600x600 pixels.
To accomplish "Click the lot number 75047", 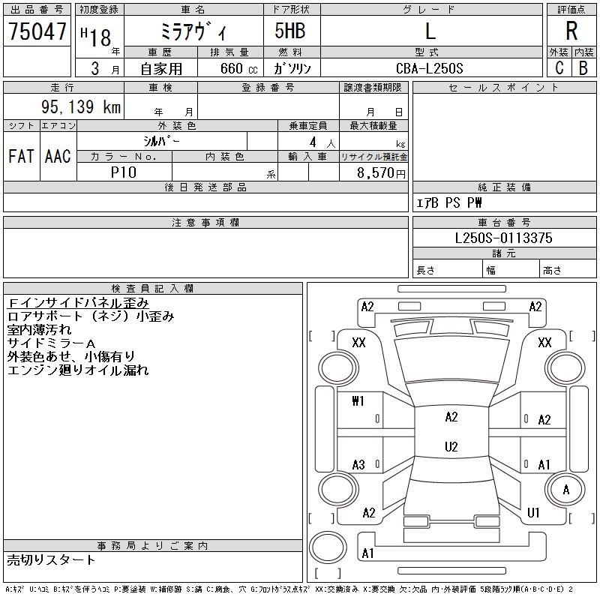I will (x=37, y=31).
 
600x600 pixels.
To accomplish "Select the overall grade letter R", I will (x=571, y=31).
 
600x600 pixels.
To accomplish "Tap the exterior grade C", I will (x=559, y=67).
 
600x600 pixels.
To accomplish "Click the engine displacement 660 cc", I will (x=229, y=68).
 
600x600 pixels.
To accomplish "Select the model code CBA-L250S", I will (x=430, y=68).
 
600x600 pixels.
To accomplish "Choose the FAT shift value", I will (x=21, y=157).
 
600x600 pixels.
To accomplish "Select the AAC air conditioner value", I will (x=58, y=157).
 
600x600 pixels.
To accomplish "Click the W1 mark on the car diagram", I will (x=358, y=401).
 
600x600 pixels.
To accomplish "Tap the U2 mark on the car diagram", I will (x=451, y=447).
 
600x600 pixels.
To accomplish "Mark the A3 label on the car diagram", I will (x=358, y=465).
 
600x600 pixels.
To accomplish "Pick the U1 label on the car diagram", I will (x=534, y=513).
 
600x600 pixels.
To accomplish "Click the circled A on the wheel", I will (x=567, y=490).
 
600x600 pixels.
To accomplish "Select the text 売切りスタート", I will (x=52, y=560).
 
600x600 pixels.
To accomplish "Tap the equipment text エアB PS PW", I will (x=449, y=202).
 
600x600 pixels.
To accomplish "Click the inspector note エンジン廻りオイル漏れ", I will (x=78, y=370).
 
